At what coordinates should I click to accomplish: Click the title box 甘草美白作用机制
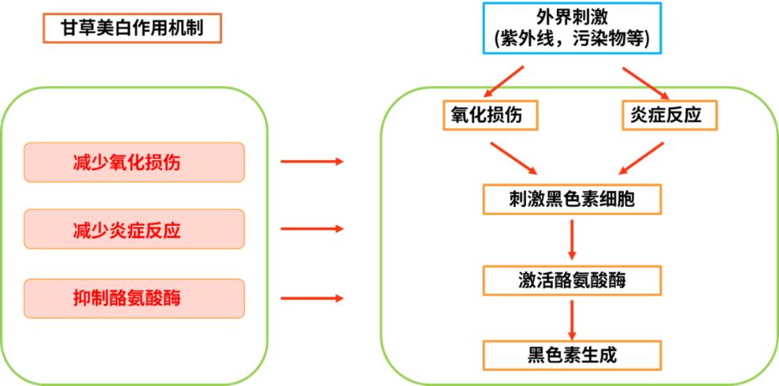[x=132, y=29]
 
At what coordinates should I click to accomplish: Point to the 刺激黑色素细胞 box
[x=571, y=199]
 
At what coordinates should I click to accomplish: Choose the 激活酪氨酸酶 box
[x=571, y=279]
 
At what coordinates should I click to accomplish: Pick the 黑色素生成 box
[x=571, y=353]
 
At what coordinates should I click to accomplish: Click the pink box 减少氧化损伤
[x=134, y=162]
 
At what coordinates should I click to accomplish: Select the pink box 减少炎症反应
[x=134, y=230]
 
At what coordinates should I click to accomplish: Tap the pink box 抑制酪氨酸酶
[x=134, y=298]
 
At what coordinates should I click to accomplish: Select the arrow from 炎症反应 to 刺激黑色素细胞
[x=641, y=157]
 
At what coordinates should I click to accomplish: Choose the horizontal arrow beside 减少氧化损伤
[x=312, y=162]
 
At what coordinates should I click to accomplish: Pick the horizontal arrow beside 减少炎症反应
[x=312, y=230]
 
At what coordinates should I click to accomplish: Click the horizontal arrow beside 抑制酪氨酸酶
[x=312, y=298]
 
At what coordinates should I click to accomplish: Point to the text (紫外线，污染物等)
[x=571, y=37]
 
